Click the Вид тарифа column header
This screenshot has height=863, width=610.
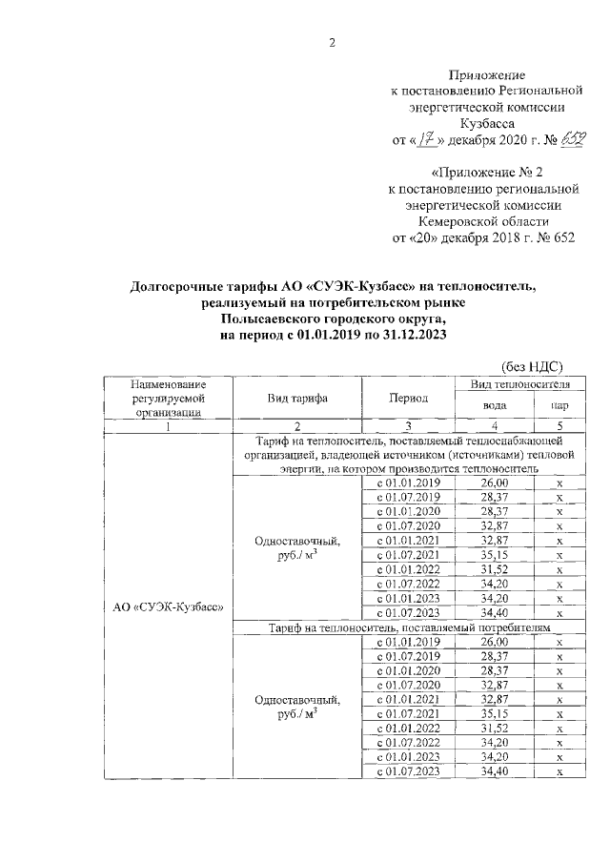point(297,398)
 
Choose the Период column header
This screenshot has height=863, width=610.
point(409,398)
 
